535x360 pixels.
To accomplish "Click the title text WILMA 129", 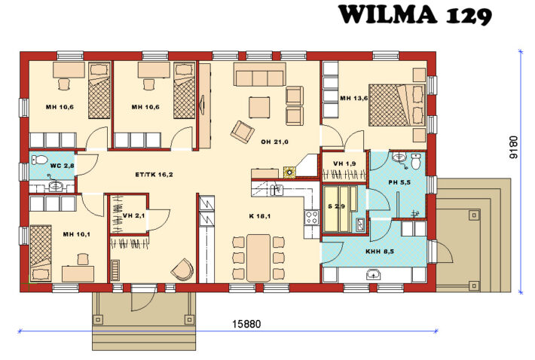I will pyautogui.click(x=415, y=14).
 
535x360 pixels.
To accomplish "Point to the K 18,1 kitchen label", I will pyautogui.click(x=260, y=216).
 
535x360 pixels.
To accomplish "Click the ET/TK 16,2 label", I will pyautogui.click(x=154, y=174).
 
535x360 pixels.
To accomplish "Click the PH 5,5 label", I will pyautogui.click(x=399, y=182).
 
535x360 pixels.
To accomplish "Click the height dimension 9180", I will pyautogui.click(x=513, y=149).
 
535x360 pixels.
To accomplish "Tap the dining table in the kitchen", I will pyautogui.click(x=258, y=256).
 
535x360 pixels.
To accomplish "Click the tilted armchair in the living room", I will pyautogui.click(x=243, y=131).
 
